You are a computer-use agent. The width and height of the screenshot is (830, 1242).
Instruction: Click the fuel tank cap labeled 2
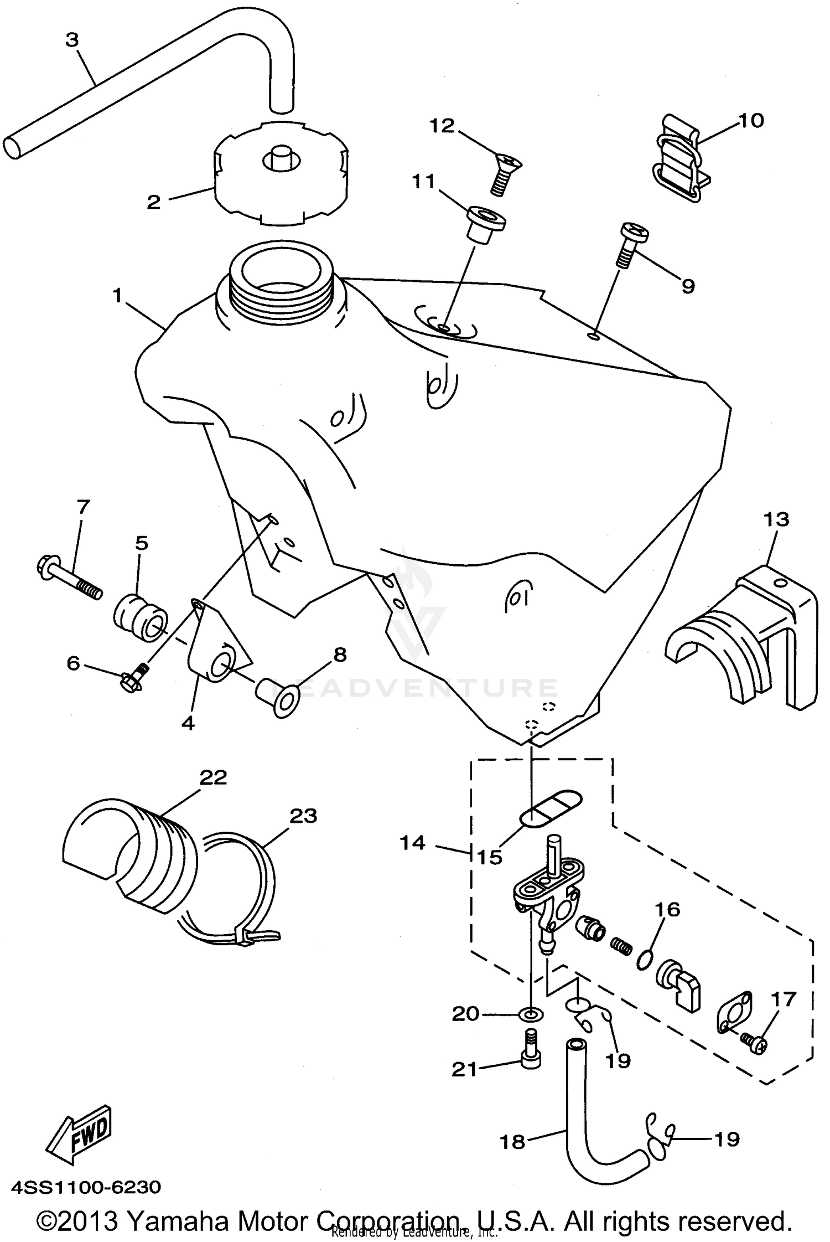pyautogui.click(x=280, y=174)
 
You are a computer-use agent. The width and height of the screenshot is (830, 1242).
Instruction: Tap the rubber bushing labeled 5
pyautogui.click(x=141, y=618)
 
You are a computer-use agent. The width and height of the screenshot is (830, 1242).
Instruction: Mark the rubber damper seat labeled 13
pyautogui.click(x=741, y=642)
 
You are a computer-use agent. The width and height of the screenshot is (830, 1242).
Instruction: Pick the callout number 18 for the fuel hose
pyautogui.click(x=512, y=1141)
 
